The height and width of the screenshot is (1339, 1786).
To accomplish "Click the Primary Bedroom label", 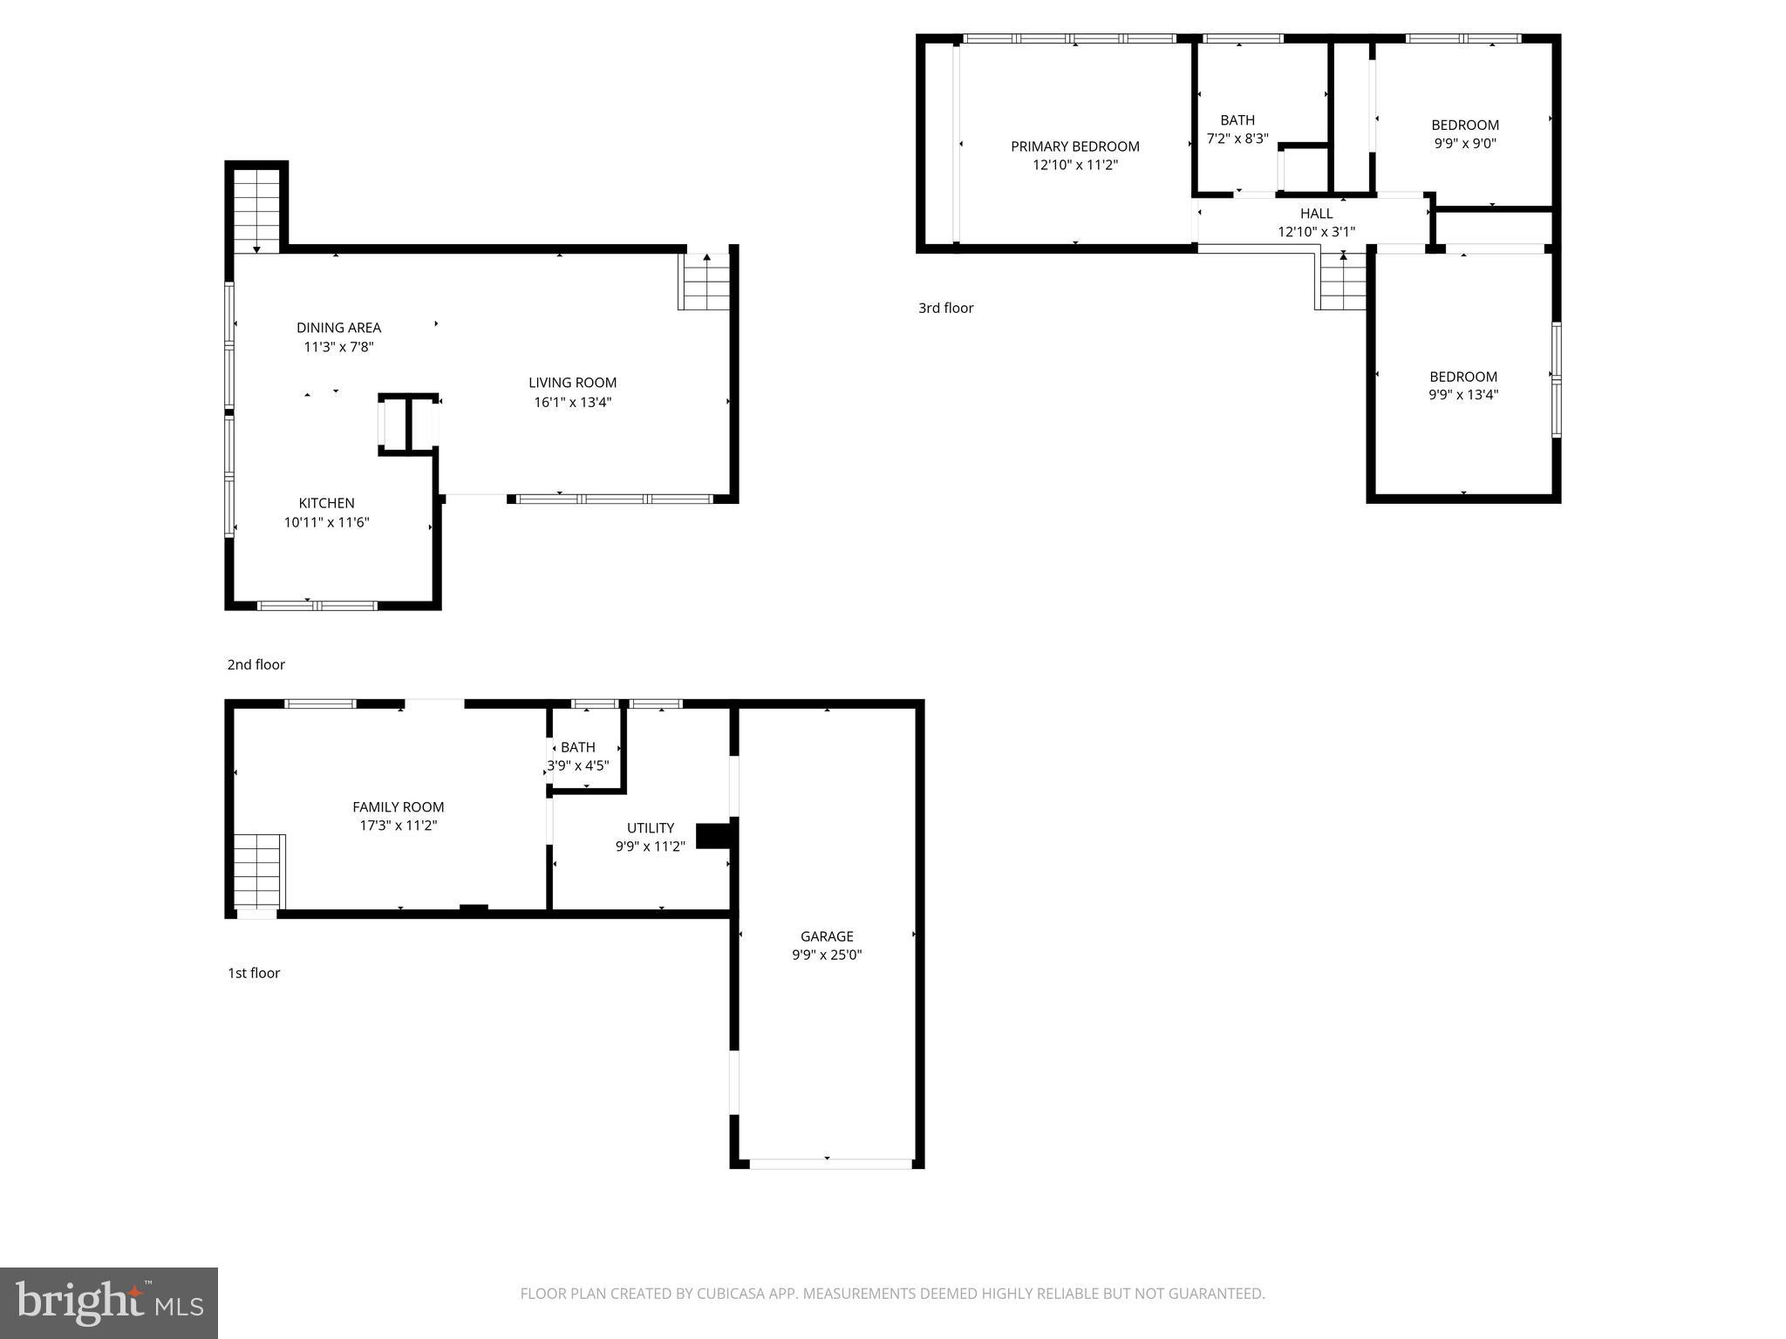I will click(x=1074, y=146).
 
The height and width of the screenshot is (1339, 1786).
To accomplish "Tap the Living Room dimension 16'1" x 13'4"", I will click(x=572, y=402).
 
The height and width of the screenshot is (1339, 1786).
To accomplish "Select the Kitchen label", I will click(x=326, y=503).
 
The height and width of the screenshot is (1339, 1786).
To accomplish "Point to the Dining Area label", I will click(x=338, y=328).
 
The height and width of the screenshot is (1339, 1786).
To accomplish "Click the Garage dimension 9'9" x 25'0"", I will click(x=827, y=955).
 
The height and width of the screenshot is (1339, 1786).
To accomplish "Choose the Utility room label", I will click(x=651, y=827).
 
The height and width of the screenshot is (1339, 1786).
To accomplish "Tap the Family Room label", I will click(x=398, y=807).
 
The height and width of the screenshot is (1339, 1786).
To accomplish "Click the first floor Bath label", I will click(x=577, y=747).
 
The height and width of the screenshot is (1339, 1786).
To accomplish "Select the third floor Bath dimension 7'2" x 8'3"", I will click(x=1237, y=139).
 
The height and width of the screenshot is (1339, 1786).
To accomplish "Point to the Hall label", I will click(x=1316, y=214).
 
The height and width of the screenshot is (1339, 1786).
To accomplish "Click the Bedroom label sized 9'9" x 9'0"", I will click(x=1465, y=125).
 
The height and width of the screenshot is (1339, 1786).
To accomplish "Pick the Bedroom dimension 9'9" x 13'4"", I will click(x=1463, y=395).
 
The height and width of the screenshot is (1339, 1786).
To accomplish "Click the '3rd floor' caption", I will click(x=945, y=308).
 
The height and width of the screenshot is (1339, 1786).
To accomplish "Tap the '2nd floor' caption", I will click(x=256, y=664).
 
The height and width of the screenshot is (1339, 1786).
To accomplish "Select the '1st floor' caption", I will click(x=254, y=973).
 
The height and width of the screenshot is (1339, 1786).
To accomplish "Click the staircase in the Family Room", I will click(x=258, y=871).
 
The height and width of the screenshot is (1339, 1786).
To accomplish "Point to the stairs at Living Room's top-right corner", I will click(x=705, y=282).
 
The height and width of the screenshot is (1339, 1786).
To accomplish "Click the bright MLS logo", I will click(x=109, y=1303).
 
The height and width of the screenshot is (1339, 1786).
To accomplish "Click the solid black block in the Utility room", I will click(x=713, y=835).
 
